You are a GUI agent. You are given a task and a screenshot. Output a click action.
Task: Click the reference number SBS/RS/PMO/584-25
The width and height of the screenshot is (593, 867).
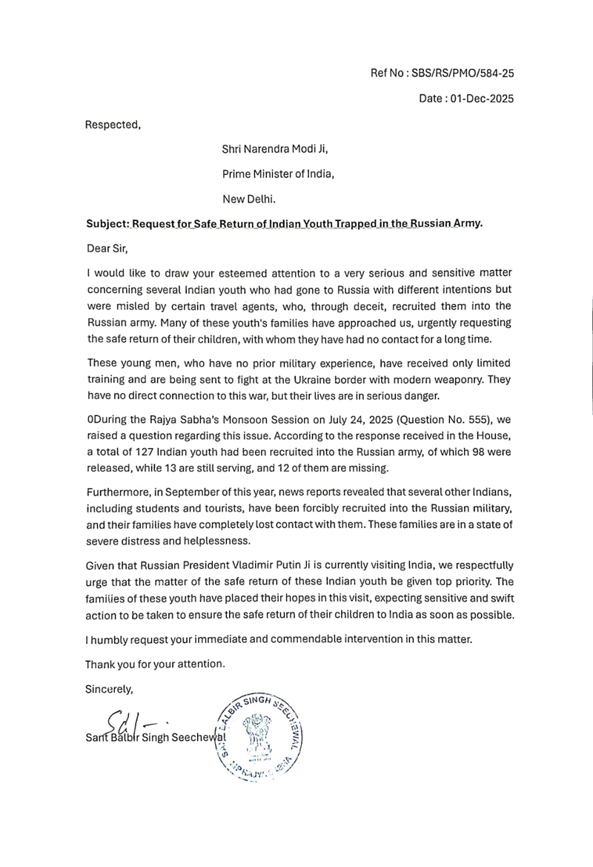click(x=474, y=73)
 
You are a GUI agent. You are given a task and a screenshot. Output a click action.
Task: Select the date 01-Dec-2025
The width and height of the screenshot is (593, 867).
click(x=481, y=98)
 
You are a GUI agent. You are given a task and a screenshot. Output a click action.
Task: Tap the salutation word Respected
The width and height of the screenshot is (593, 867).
click(x=112, y=124)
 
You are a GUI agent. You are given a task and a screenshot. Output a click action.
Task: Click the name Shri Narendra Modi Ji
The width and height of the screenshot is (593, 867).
click(x=275, y=149)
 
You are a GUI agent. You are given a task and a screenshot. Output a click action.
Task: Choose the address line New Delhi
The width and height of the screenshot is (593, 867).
click(x=248, y=199)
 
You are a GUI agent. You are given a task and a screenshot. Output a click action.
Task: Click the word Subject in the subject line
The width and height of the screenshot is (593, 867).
click(x=106, y=224)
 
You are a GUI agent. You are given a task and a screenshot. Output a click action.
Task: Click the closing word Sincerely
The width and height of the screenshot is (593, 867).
click(x=109, y=688)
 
